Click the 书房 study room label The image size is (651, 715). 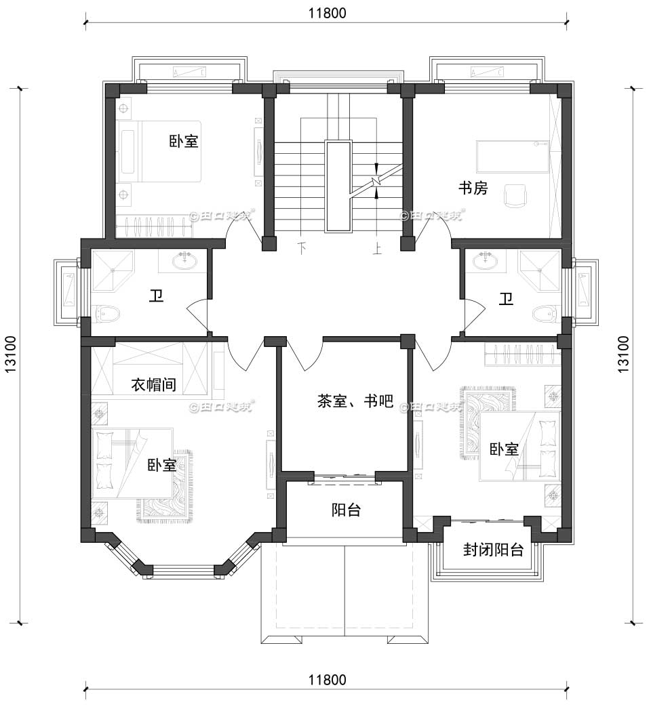(x=473, y=188)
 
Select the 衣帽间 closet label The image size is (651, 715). (x=153, y=385)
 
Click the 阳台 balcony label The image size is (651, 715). (x=345, y=510)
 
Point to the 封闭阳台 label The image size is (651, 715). (x=493, y=550)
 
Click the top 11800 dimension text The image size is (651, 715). (x=325, y=12)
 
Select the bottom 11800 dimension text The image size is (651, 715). (x=325, y=679)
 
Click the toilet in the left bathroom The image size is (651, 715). (x=108, y=314)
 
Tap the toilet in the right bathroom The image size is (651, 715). (x=544, y=314)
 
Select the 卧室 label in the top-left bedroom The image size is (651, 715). (x=184, y=142)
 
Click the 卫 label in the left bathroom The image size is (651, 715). (x=157, y=297)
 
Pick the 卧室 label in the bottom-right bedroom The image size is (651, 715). (x=504, y=449)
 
